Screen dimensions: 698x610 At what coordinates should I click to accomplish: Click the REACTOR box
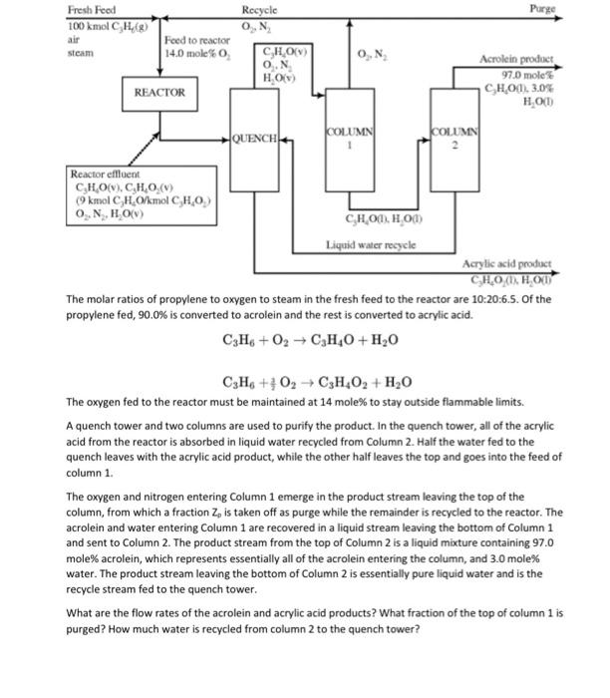tap(159, 92)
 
